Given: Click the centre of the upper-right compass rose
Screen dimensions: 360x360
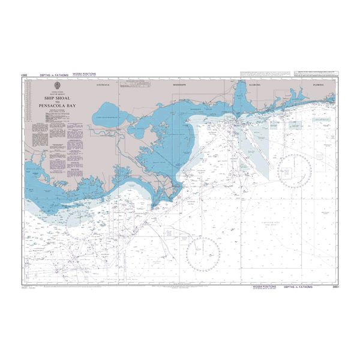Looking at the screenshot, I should pos(294,171).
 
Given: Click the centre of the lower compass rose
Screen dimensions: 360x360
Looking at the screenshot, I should pos(203,254).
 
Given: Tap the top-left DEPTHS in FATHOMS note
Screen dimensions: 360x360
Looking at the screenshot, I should pos(52,75).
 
